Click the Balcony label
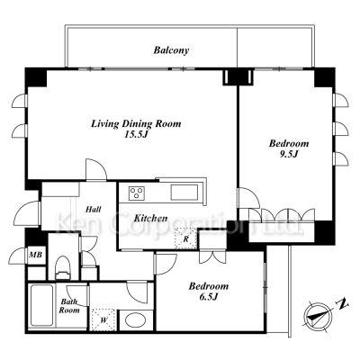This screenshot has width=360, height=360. click(x=171, y=50)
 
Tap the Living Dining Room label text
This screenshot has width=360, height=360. click(x=136, y=123)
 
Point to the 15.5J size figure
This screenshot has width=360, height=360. click(x=137, y=134)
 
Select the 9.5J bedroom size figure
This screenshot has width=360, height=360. click(x=288, y=154)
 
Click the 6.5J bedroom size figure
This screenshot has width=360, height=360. click(x=208, y=297)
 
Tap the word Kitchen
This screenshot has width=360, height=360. click(x=150, y=218)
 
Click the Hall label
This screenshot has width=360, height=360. click(x=93, y=209)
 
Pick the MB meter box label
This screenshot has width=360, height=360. click(x=37, y=256)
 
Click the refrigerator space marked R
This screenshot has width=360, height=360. click(x=185, y=238)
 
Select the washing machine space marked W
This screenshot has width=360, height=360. click(x=103, y=319)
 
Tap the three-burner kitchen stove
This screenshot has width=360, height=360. click(x=137, y=193)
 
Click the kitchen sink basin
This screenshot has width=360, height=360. click(x=184, y=193)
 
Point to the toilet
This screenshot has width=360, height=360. click(x=63, y=267)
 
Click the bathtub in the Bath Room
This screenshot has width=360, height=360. click(x=42, y=305)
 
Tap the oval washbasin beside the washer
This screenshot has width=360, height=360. click(x=135, y=320)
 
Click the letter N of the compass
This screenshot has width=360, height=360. click(x=342, y=304)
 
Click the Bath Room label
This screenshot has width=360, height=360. click(x=69, y=306)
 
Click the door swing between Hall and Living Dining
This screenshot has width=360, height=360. click(x=96, y=169)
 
